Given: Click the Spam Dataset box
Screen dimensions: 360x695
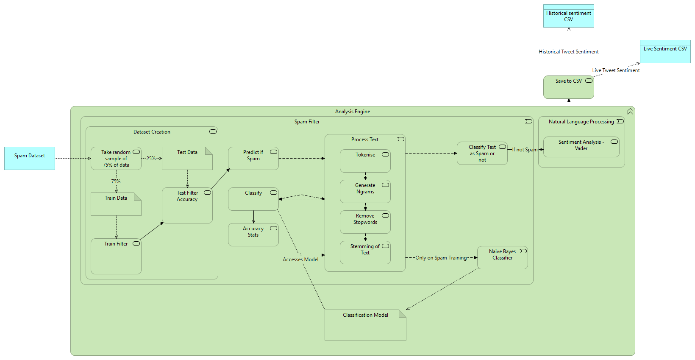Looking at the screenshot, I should [x=30, y=158].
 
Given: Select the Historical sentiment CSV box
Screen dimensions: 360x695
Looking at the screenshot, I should [x=568, y=16].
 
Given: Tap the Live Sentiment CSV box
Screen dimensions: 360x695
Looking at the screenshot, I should [x=665, y=52].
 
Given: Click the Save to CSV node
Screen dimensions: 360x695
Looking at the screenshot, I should [x=568, y=87].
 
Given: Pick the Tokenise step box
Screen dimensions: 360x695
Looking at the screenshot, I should [x=365, y=161].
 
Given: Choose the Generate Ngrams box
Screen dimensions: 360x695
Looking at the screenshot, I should [x=365, y=192].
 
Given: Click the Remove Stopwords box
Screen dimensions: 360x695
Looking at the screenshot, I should [x=365, y=222].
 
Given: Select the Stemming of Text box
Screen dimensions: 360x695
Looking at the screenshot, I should [x=365, y=253].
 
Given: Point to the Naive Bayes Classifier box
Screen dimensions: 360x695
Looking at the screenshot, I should [x=502, y=258].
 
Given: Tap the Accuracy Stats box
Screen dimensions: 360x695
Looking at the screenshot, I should [x=253, y=235].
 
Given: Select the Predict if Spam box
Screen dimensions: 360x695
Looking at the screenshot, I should [x=253, y=159].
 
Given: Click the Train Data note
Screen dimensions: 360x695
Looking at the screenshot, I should [x=116, y=204].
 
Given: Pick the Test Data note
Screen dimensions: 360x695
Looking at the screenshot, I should [x=187, y=159].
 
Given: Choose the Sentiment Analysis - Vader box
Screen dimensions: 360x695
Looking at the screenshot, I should [x=581, y=147].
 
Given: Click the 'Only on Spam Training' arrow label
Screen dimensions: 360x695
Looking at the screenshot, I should [x=441, y=258].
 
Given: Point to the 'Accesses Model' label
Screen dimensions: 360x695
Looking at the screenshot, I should [x=300, y=260].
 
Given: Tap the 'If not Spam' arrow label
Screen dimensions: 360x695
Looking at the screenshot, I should [x=525, y=150].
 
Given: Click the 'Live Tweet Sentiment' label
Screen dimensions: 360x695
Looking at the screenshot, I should [x=616, y=70].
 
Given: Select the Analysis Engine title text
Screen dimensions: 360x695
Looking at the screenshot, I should [x=353, y=112].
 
